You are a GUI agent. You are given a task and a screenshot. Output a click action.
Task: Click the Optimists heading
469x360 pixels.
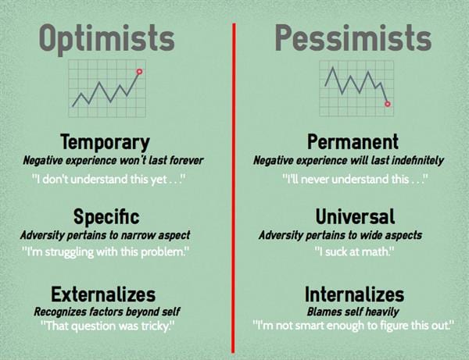(107, 39)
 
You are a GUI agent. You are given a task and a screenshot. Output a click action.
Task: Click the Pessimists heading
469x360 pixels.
(353, 37)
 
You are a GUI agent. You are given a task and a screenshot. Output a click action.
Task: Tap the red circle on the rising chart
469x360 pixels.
(139, 71)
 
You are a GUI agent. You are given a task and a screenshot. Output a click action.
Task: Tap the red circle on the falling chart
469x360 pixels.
(388, 104)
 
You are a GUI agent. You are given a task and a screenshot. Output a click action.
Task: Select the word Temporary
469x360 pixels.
(105, 142)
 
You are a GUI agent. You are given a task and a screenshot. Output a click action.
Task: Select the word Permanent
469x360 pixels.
(353, 141)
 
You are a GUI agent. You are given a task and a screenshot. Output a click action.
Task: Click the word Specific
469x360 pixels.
(106, 216)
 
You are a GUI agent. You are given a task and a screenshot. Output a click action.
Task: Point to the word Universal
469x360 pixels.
(356, 216)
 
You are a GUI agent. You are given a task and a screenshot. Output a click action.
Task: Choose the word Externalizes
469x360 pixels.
(103, 294)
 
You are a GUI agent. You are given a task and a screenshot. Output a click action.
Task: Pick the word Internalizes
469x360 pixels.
(354, 294)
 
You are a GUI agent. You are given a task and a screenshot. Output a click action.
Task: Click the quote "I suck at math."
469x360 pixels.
(354, 252)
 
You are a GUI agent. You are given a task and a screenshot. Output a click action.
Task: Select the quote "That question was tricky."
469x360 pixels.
(107, 326)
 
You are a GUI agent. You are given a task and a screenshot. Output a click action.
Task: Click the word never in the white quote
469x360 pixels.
(316, 180)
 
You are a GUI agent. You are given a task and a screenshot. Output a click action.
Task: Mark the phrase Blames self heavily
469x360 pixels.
(353, 312)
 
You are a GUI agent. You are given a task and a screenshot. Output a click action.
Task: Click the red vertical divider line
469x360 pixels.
(233, 188)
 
